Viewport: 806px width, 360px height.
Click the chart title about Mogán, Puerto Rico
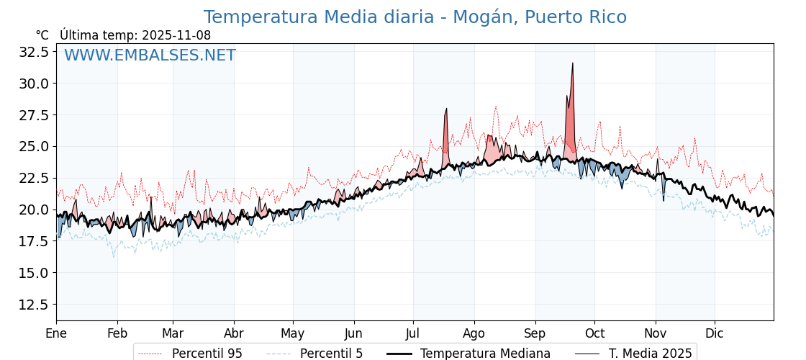coord(415,17)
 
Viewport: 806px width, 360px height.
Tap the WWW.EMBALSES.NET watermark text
coord(150,55)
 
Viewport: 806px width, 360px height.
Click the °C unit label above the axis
coord(42,35)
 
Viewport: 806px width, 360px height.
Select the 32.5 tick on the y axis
coord(34,52)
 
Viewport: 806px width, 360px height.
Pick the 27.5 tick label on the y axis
coord(34,115)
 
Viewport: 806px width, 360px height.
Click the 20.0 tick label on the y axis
coord(34,210)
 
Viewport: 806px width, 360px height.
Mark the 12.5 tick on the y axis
coord(34,305)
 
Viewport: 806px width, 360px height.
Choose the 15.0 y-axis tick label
coord(34,273)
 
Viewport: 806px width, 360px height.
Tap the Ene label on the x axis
coord(56,333)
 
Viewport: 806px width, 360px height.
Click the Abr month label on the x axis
coord(234,333)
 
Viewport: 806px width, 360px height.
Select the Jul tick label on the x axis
coord(413,333)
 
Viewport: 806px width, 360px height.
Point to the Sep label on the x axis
coord(535,333)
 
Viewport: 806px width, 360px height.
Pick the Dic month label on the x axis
coord(715,333)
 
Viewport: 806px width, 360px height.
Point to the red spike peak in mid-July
coord(446,109)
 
